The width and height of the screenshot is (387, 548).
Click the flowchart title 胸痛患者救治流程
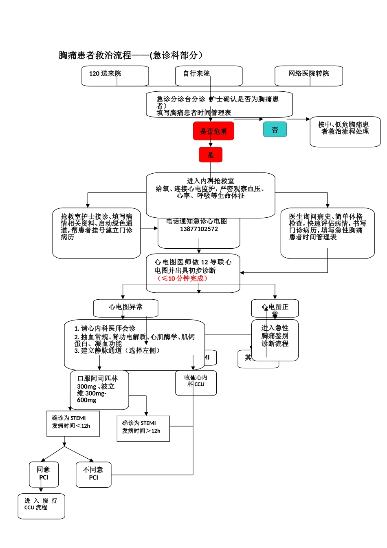point(130,55)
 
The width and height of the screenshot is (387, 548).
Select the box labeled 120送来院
point(115,76)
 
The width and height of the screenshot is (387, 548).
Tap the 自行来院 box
point(208,76)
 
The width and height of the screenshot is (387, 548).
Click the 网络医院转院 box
point(308,76)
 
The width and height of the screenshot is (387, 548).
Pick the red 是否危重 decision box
point(213,131)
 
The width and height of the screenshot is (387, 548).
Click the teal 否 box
point(275,130)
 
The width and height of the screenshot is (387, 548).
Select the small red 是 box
point(210,155)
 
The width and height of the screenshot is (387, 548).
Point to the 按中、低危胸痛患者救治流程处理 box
point(345,131)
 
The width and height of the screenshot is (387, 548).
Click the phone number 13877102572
point(199,229)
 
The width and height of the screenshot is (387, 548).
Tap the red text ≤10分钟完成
point(183,278)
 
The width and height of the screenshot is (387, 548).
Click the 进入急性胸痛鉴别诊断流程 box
point(275,340)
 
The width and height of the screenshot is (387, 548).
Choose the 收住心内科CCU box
point(196,382)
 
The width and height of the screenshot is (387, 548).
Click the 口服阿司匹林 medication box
point(99,390)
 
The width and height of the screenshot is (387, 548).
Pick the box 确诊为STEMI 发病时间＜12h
point(73,423)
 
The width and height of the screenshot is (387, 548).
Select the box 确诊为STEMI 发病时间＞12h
point(143,428)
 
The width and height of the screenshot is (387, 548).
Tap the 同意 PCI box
point(44,474)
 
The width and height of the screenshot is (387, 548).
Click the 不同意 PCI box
point(93,474)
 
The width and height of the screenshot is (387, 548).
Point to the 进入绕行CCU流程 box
point(41,506)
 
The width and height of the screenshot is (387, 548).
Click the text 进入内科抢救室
point(210,181)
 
